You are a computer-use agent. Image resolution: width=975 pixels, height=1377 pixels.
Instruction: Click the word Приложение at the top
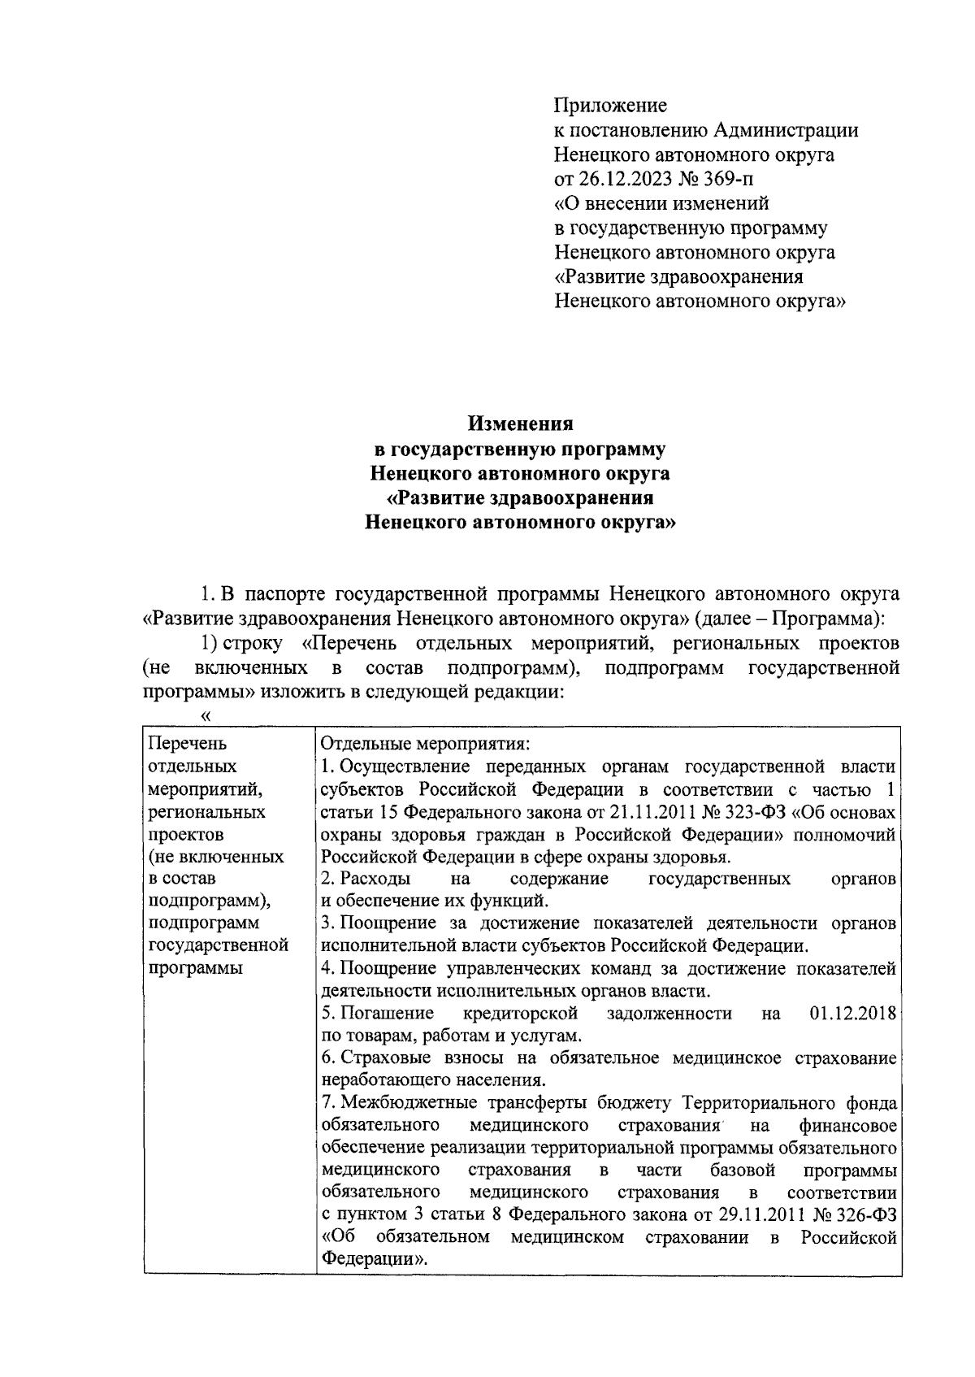tap(610, 106)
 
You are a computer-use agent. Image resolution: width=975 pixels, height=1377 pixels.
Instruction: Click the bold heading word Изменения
tap(520, 424)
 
